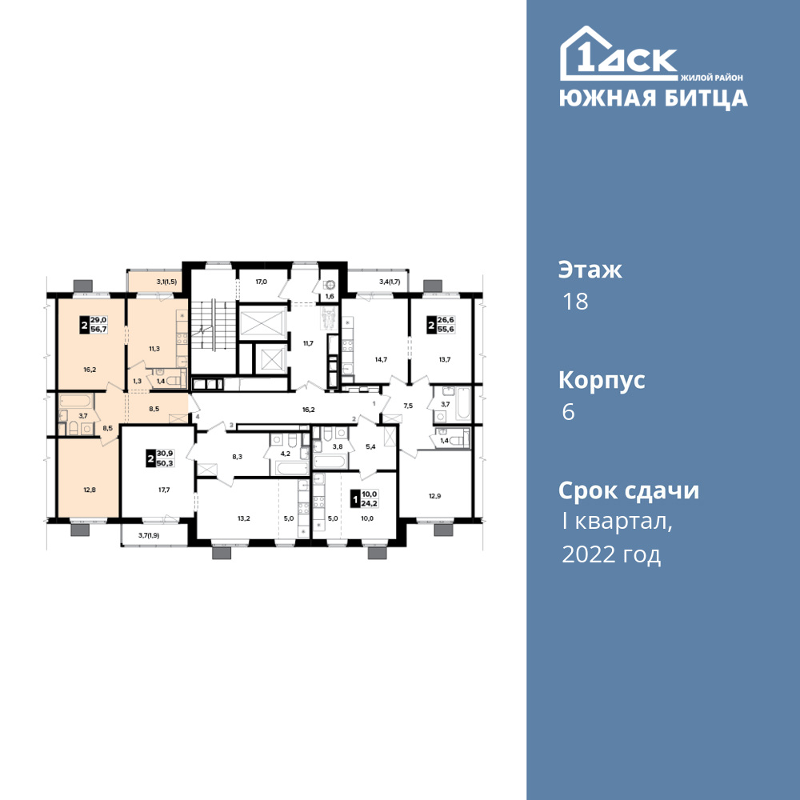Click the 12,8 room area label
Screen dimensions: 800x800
[x=90, y=490]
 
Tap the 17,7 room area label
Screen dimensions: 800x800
[x=164, y=490]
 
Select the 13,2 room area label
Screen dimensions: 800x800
[x=244, y=518]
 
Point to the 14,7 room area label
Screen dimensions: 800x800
[x=381, y=359]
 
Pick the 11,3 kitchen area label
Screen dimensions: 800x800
[x=154, y=349]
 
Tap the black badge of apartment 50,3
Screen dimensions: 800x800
[x=150, y=458]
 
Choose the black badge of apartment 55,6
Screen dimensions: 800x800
[x=432, y=325]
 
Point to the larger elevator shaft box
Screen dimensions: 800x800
[x=263, y=322]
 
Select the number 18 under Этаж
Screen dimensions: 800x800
[x=575, y=302]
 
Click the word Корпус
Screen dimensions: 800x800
[x=602, y=381]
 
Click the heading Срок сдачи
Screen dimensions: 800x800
[x=629, y=491]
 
